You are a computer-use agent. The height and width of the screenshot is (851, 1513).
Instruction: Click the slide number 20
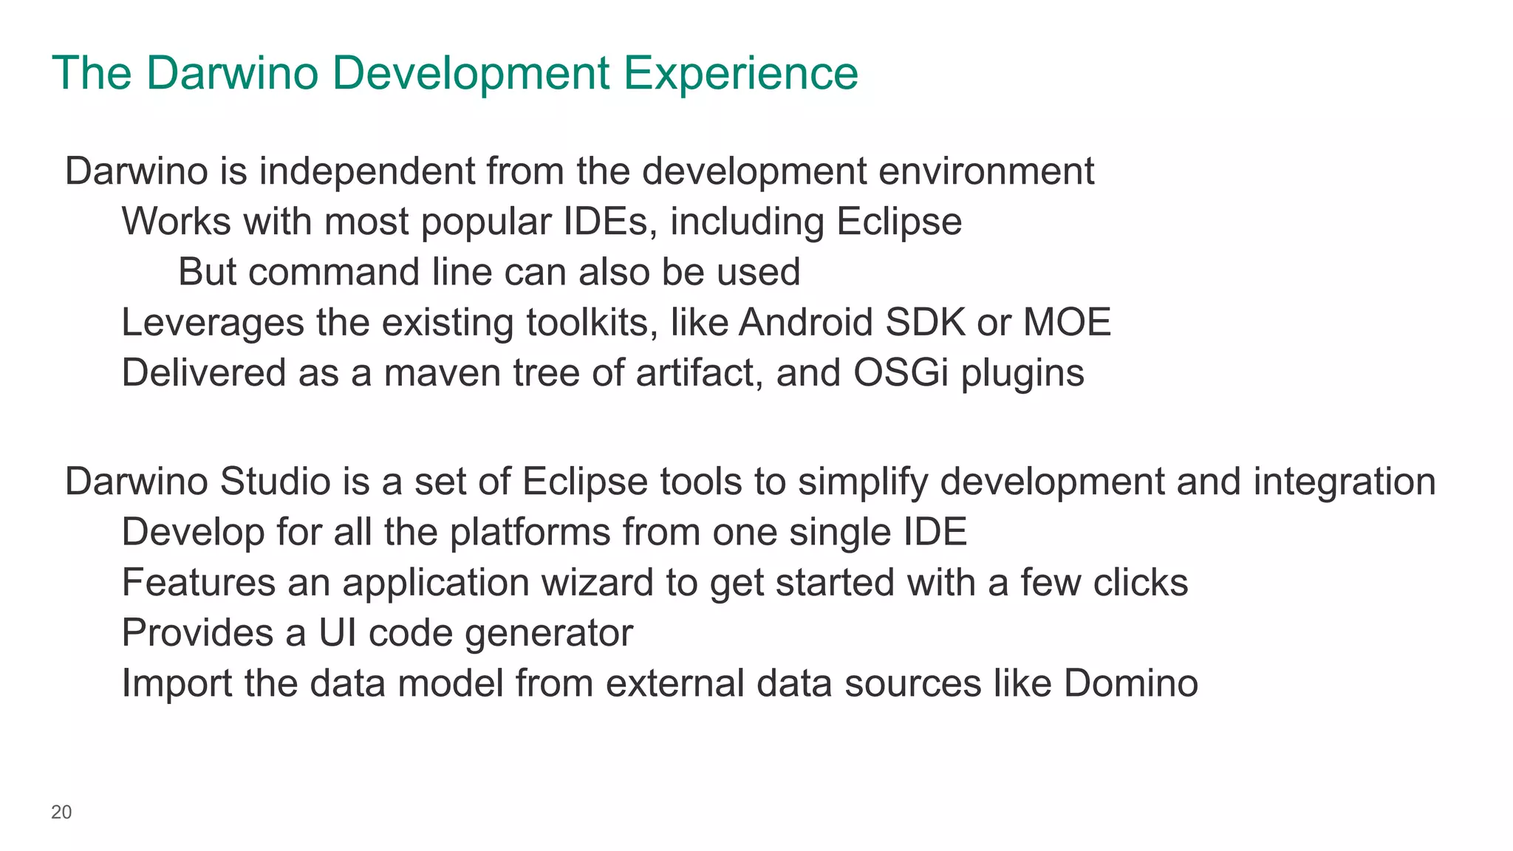61,813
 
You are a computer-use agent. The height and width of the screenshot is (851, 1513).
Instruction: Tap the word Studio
275,482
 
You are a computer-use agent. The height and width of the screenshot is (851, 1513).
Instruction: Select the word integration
1345,482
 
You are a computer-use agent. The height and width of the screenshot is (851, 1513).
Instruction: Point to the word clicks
1141,583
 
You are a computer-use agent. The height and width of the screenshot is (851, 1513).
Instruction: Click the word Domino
1130,683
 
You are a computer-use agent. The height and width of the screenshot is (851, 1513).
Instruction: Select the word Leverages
213,323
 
